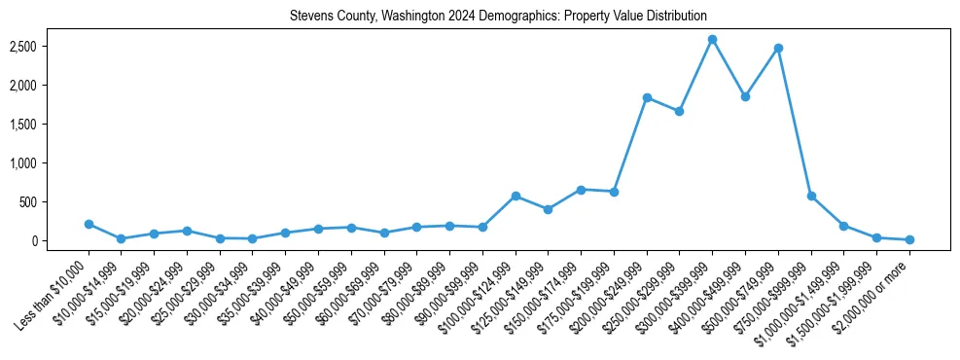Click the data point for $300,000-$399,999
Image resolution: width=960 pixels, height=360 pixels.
click(x=712, y=40)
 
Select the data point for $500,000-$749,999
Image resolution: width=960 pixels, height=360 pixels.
click(x=778, y=48)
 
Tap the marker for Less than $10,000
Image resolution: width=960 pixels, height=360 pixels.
click(x=89, y=224)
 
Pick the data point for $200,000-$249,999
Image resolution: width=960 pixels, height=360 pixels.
click(x=647, y=98)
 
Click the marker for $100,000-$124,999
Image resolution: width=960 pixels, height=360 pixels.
click(x=516, y=196)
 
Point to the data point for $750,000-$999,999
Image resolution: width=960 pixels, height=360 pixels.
click(x=811, y=196)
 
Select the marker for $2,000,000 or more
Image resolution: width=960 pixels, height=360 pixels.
click(x=909, y=239)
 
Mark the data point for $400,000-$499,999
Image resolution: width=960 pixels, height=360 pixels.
click(x=745, y=97)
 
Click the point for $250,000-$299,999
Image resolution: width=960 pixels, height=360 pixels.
click(x=679, y=111)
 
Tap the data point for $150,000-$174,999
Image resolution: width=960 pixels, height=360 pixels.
click(x=581, y=190)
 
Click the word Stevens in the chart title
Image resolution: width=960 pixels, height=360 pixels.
click(x=310, y=17)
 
